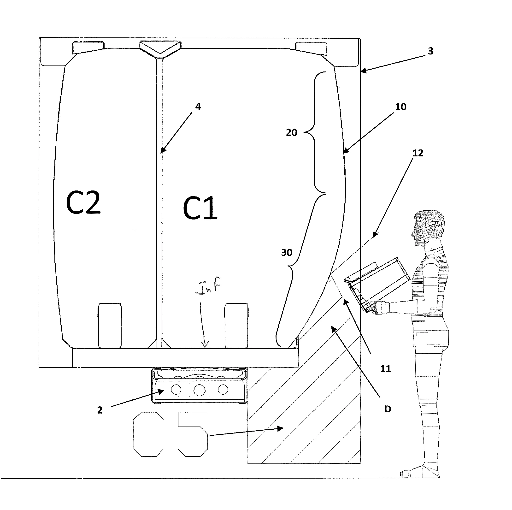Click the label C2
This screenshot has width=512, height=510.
tap(83, 203)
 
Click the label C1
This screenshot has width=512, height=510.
tap(200, 208)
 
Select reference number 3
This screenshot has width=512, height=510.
tap(430, 51)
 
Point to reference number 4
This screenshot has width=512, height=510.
tap(198, 107)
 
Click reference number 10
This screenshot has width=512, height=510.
tap(400, 107)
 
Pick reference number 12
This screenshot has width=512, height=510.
tap(418, 153)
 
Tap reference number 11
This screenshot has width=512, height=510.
tap(386, 369)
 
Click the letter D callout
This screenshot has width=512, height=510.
tap(388, 409)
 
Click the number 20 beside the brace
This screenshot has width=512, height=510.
tap(291, 132)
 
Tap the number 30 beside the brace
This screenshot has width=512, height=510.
tap(287, 252)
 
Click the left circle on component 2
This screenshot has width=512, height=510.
tap(176, 390)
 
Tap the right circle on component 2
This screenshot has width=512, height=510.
tap(223, 389)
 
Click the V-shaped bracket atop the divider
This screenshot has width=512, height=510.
tap(160, 48)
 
